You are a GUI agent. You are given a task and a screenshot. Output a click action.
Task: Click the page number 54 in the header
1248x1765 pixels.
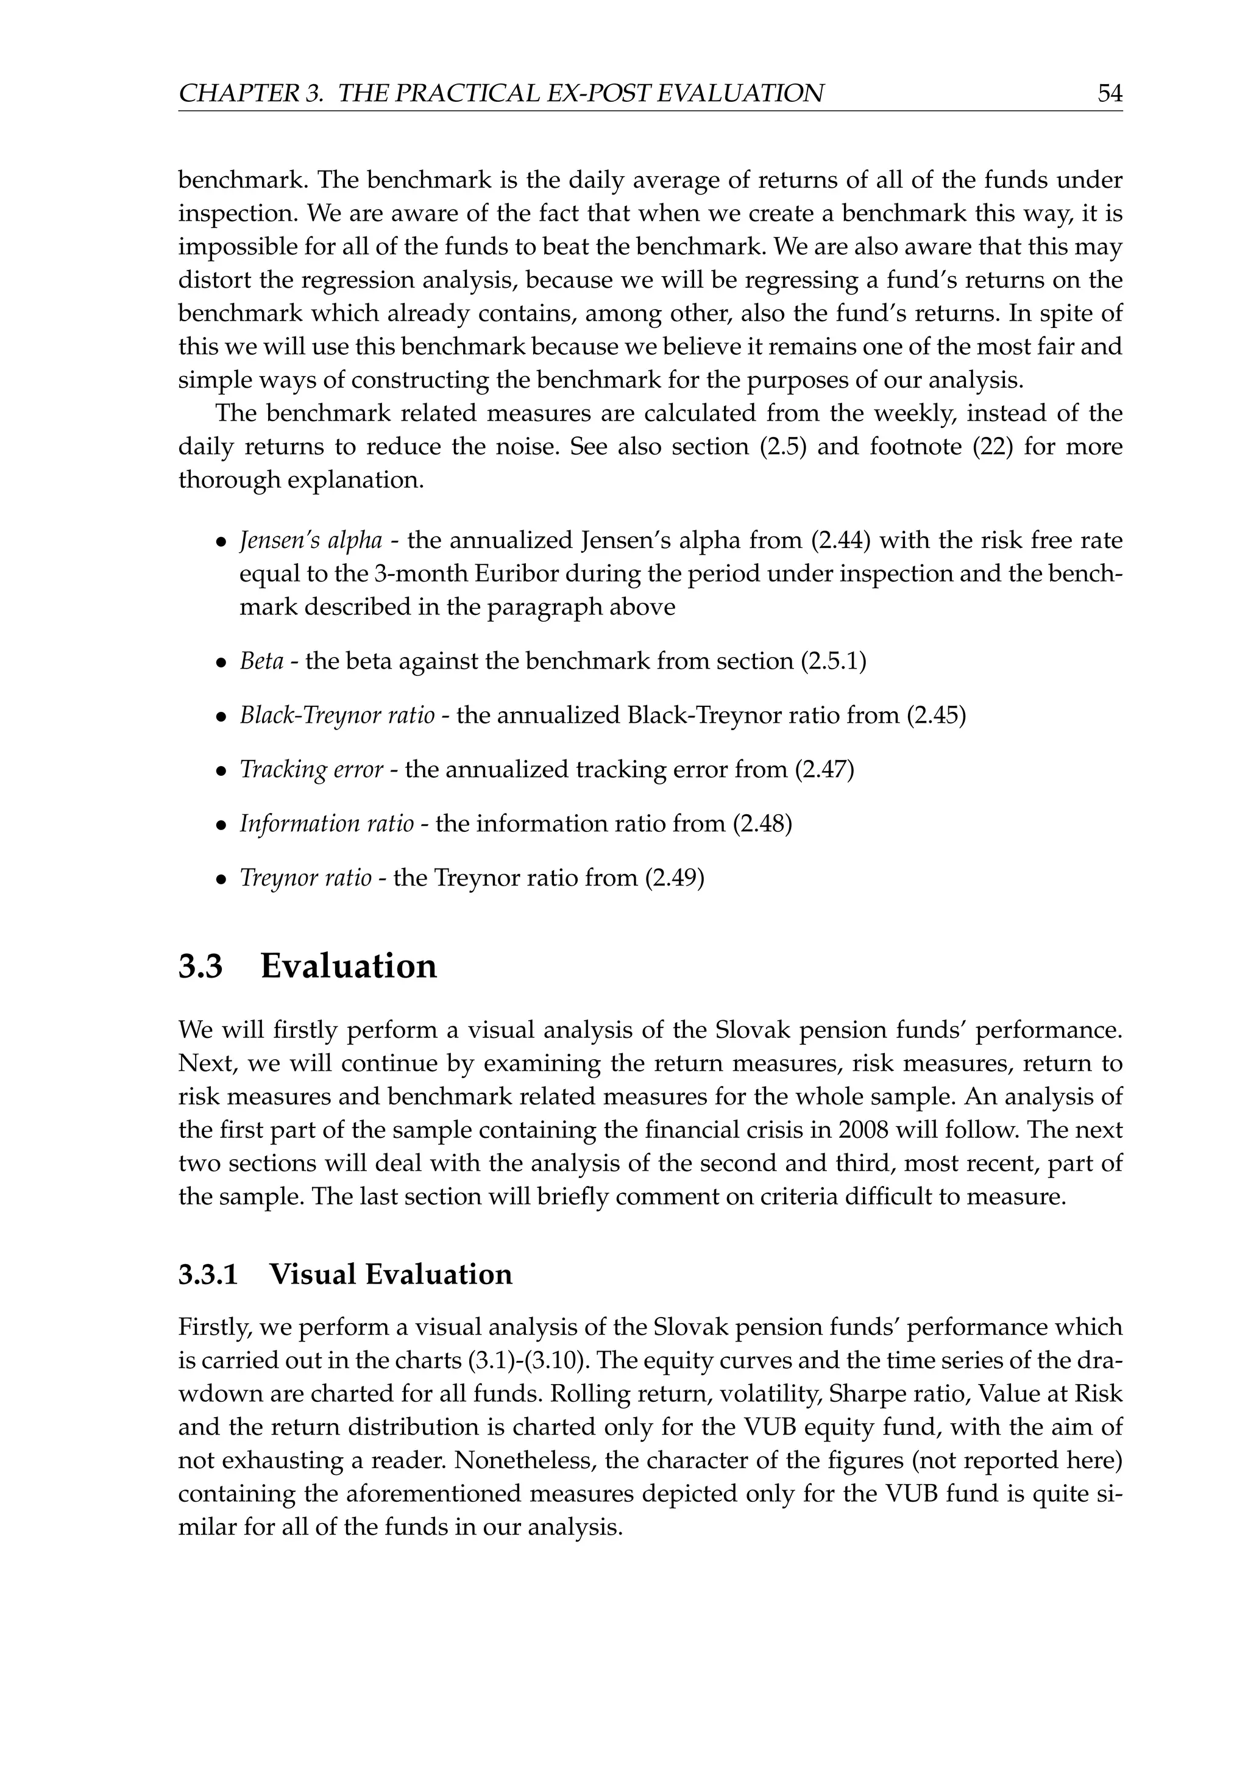[1110, 94]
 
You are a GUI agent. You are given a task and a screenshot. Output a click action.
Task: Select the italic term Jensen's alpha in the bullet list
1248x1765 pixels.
[310, 541]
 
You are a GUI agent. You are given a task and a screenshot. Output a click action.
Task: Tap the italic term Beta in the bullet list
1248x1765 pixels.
[261, 661]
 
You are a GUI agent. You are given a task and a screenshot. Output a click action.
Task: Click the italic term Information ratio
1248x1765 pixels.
[327, 824]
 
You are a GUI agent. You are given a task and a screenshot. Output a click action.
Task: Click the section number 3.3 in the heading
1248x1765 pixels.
[200, 966]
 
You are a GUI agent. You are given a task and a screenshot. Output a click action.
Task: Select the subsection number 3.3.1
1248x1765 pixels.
[208, 1274]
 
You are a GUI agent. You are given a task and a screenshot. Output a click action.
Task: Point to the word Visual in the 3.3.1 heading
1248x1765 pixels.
[312, 1274]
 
